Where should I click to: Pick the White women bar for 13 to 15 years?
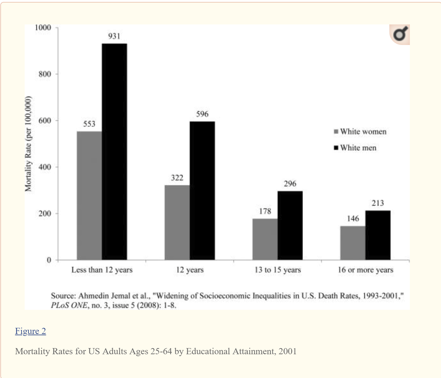click(x=265, y=239)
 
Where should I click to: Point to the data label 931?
click(x=114, y=36)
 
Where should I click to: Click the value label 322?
click(x=177, y=178)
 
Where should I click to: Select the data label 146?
click(x=353, y=219)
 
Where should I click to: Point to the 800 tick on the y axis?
click(x=45, y=74)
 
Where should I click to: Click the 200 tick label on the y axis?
click(x=45, y=214)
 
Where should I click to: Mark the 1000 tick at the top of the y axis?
click(x=43, y=28)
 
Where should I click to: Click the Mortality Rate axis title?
click(x=28, y=144)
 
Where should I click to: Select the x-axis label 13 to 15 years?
click(x=278, y=270)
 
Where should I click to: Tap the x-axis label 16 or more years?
click(x=365, y=270)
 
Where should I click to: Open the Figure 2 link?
click(x=30, y=331)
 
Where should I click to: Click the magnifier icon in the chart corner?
click(x=400, y=34)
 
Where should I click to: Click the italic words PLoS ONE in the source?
click(x=69, y=305)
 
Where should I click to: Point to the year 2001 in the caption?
click(x=288, y=351)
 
